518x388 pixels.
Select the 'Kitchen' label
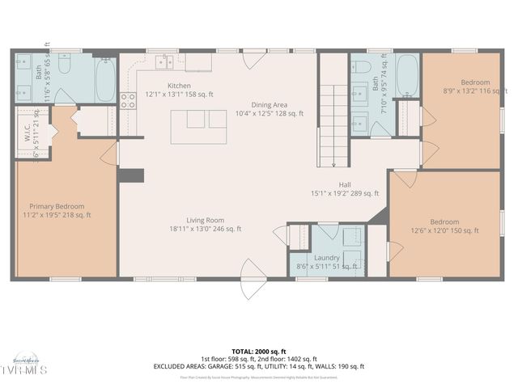click(x=179, y=86)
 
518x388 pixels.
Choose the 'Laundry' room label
click(x=327, y=257)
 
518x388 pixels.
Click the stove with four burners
click(x=128, y=100)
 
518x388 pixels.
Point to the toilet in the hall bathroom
click(x=363, y=66)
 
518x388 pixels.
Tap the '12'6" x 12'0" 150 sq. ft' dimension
click(x=444, y=230)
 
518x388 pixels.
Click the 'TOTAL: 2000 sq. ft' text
click(x=258, y=352)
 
